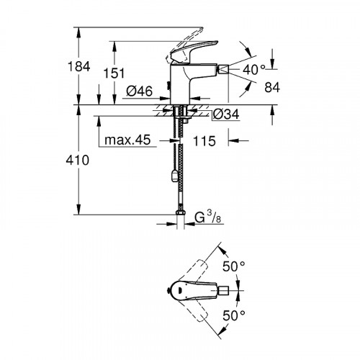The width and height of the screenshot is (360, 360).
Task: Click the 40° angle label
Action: click(x=254, y=70)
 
